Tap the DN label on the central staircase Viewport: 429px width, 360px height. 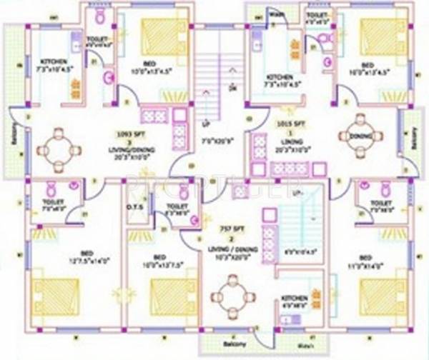(x=231, y=89)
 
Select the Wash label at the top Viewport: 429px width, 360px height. (x=276, y=14)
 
